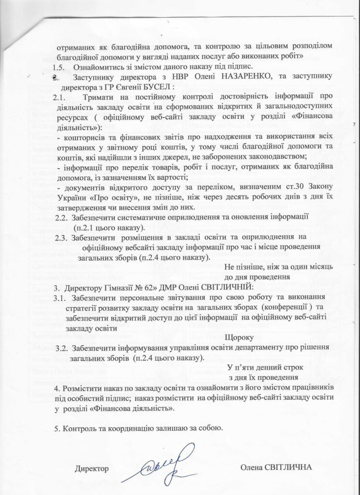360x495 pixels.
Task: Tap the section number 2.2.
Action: [x=62, y=218]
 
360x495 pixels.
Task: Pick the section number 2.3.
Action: [x=62, y=238]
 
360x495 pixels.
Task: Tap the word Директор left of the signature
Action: [x=92, y=468]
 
